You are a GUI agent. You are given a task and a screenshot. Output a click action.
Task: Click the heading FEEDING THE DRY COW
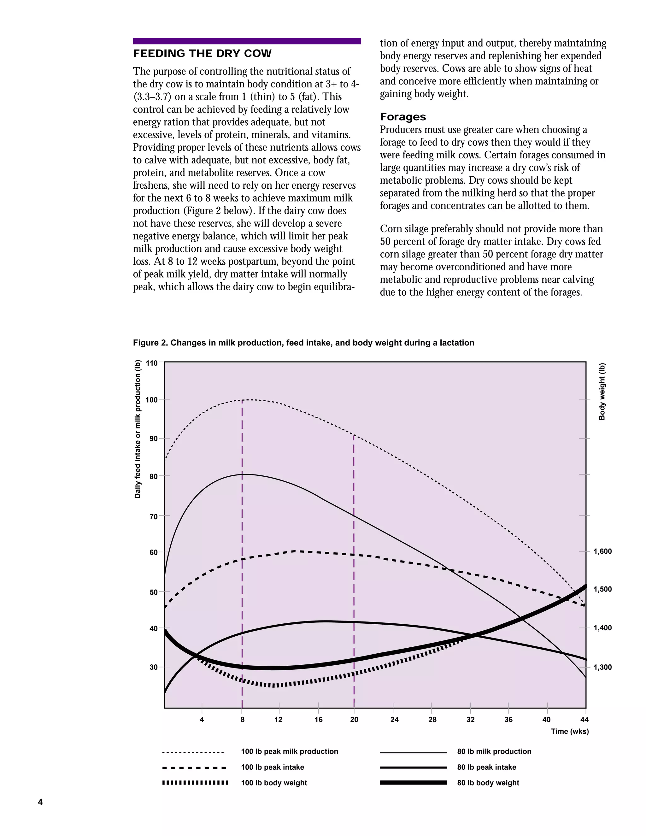pyautogui.click(x=202, y=54)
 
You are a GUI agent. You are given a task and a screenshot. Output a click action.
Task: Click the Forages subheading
pyautogui.click(x=402, y=117)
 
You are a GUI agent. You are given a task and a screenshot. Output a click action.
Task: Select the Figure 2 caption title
pyautogui.click(x=303, y=343)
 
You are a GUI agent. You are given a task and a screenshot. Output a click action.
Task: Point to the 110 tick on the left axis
pyautogui.click(x=152, y=363)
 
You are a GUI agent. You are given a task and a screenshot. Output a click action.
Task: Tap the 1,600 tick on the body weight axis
pyautogui.click(x=602, y=551)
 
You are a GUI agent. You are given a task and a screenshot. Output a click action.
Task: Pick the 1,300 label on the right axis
pyautogui.click(x=602, y=667)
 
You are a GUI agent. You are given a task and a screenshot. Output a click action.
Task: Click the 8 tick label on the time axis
pyautogui.click(x=242, y=720)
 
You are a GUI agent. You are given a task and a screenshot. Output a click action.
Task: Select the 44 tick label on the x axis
pyautogui.click(x=584, y=720)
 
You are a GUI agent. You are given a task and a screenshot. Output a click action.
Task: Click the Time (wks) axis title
pyautogui.click(x=569, y=732)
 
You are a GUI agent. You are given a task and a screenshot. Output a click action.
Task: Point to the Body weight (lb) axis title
pyautogui.click(x=602, y=391)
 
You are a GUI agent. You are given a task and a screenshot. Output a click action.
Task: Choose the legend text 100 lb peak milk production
pyautogui.click(x=289, y=751)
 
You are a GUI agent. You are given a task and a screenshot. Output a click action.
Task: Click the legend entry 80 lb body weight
pyautogui.click(x=488, y=783)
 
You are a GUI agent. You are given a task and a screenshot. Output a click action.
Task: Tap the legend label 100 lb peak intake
pyautogui.click(x=273, y=767)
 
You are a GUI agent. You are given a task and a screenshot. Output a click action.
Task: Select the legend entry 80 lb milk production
pyautogui.click(x=494, y=751)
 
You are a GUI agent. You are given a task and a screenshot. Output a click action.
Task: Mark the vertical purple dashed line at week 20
pyautogui.click(x=354, y=574)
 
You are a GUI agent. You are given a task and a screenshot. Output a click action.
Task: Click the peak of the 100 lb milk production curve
pyautogui.click(x=249, y=400)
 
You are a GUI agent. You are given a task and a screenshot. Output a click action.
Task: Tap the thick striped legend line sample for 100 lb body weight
pyautogui.click(x=195, y=783)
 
